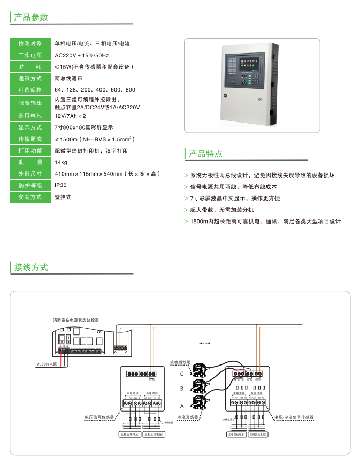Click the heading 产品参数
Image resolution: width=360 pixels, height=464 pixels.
(31, 17)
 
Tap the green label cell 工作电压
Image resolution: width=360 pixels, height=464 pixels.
(30, 55)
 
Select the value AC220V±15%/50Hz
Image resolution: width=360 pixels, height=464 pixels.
(82, 55)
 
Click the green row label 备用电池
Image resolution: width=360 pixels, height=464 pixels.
(30, 116)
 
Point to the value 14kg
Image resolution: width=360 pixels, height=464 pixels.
(61, 162)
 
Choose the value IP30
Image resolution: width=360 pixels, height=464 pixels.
(60, 185)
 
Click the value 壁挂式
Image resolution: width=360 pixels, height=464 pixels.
(63, 197)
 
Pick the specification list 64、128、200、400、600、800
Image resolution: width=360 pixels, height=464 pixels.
(95, 90)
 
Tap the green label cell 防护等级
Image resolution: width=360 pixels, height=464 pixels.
(30, 185)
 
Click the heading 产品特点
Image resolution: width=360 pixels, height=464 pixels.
(205, 154)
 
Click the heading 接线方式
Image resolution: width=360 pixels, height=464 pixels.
(31, 267)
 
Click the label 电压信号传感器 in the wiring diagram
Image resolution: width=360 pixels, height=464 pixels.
(100, 417)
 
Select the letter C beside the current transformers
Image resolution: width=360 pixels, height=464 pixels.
(182, 374)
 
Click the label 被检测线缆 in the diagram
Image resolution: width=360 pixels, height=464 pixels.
(180, 362)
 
